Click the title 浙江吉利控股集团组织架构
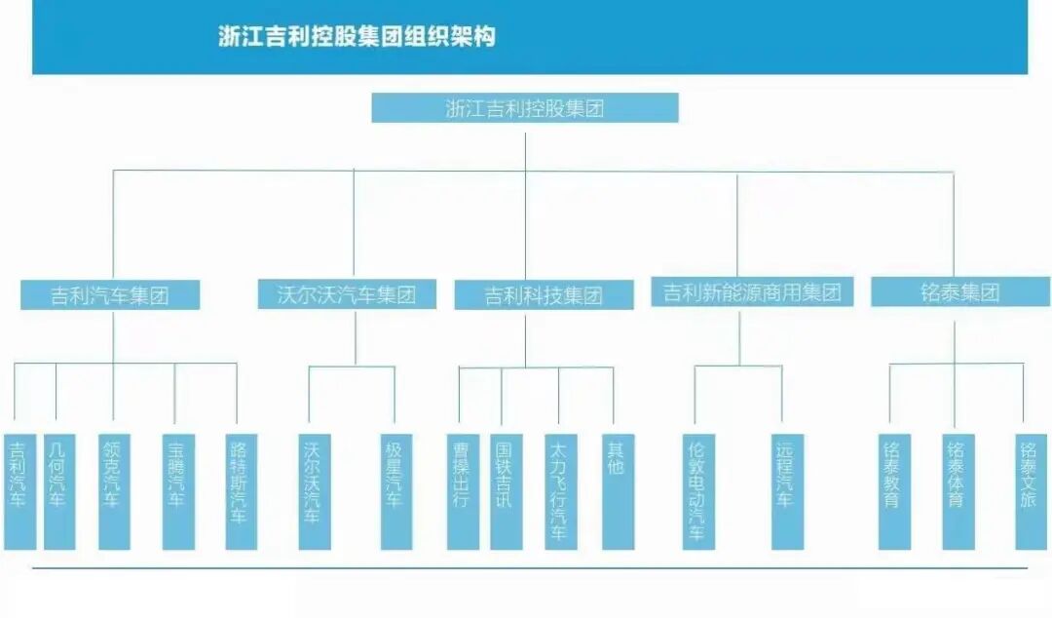click(x=357, y=37)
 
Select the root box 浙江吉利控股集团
click(x=524, y=108)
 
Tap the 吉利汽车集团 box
click(x=110, y=295)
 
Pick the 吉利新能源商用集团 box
click(x=752, y=291)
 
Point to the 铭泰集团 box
click(x=959, y=292)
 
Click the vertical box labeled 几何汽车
click(x=58, y=490)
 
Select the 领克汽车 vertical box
click(x=113, y=490)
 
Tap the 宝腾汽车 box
click(x=177, y=490)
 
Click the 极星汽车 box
click(x=395, y=490)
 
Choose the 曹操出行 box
click(x=463, y=490)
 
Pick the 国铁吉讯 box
click(x=505, y=490)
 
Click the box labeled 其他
click(x=617, y=490)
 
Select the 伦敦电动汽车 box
click(x=697, y=490)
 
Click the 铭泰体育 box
click(x=957, y=490)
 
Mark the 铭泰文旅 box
click(x=1030, y=490)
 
